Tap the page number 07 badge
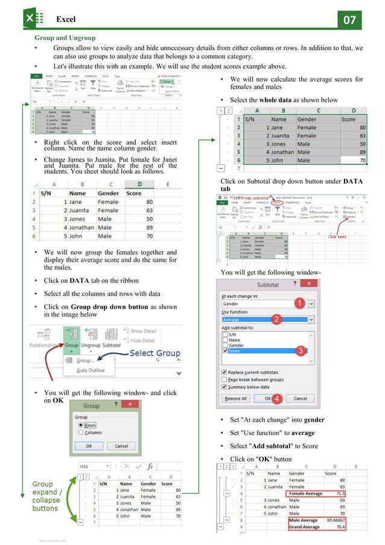click(x=349, y=19)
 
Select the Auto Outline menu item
click(x=90, y=370)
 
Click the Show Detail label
click(x=144, y=331)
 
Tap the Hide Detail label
click(x=144, y=341)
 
